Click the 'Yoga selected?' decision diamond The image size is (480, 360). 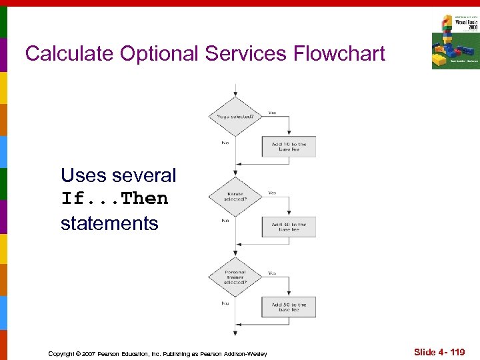click(x=235, y=117)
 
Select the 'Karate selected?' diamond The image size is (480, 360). click(x=235, y=197)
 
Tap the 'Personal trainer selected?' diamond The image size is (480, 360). click(x=235, y=277)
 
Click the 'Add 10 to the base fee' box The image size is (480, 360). click(x=289, y=147)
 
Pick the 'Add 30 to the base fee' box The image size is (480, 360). click(x=289, y=227)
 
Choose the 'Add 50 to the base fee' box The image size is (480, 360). click(x=289, y=307)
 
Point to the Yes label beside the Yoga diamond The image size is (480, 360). click(x=272, y=113)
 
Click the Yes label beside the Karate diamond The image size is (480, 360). click(x=272, y=193)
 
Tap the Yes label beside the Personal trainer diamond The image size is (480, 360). click(x=272, y=273)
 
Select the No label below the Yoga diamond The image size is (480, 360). click(x=225, y=141)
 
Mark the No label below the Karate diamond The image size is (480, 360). click(x=225, y=221)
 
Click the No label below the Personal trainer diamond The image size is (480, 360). click(x=225, y=302)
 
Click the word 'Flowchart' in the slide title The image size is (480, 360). click(x=337, y=53)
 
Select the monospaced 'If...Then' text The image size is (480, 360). click(x=114, y=199)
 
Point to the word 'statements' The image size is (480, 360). click(x=109, y=223)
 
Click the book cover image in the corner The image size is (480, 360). click(x=455, y=41)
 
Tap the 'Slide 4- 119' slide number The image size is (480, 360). click(x=439, y=352)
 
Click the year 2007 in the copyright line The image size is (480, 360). click(x=89, y=353)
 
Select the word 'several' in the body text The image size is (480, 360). click(x=144, y=176)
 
